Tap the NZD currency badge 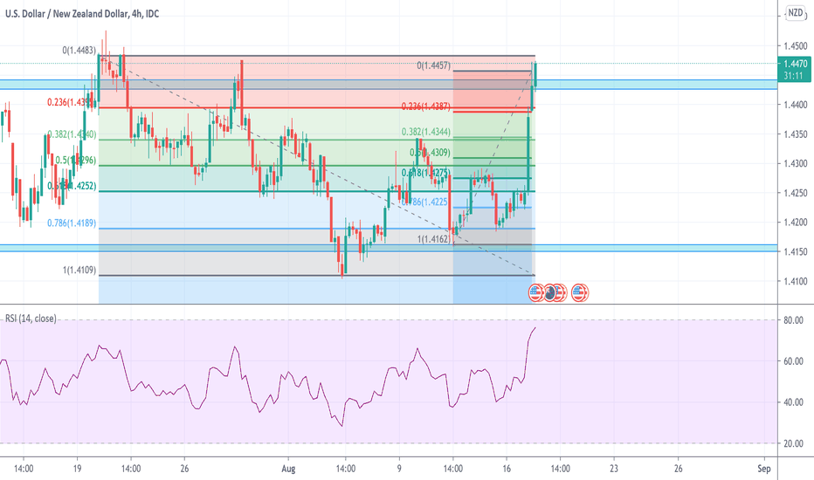pyautogui.click(x=795, y=13)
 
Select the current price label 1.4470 pyautogui.click(x=795, y=64)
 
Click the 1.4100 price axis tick pyautogui.click(x=795, y=281)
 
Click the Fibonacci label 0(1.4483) pyautogui.click(x=79, y=51)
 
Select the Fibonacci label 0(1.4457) pyautogui.click(x=433, y=65)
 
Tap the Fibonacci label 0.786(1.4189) pyautogui.click(x=71, y=223)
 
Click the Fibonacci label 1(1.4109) pyautogui.click(x=79, y=271)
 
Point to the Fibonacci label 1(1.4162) pyautogui.click(x=432, y=237)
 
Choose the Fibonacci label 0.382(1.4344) pyautogui.click(x=425, y=132)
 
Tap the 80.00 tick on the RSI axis pyautogui.click(x=793, y=320)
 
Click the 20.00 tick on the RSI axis pyautogui.click(x=793, y=443)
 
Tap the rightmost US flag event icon pyautogui.click(x=580, y=292)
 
